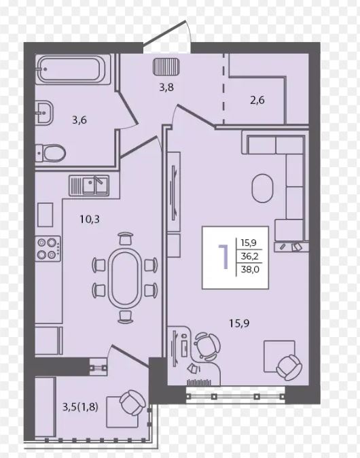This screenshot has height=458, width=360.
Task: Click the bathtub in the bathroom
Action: pyautogui.click(x=73, y=69)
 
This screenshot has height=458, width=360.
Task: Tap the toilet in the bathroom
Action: pyautogui.click(x=50, y=153)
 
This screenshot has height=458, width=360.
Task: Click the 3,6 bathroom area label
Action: pyautogui.click(x=79, y=120)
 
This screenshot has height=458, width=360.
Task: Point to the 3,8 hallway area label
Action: pyautogui.click(x=166, y=87)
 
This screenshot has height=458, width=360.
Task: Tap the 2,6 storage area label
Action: pyautogui.click(x=257, y=100)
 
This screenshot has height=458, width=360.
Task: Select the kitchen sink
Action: pyautogui.click(x=89, y=186)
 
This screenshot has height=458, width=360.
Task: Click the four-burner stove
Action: pyautogui.click(x=48, y=249)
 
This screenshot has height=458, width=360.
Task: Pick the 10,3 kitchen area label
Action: pyautogui.click(x=90, y=219)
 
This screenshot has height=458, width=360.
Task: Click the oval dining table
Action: pyautogui.click(x=125, y=279)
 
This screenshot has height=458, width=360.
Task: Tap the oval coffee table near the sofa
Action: pyautogui.click(x=262, y=188)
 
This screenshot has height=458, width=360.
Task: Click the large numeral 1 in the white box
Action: pyautogui.click(x=224, y=257)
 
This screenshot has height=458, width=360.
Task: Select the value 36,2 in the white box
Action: pyautogui.click(x=250, y=256)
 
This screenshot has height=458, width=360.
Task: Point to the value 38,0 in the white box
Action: pyautogui.click(x=250, y=269)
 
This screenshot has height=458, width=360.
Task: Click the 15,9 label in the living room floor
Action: pyautogui.click(x=239, y=323)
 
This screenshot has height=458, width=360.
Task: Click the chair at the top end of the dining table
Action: pyautogui.click(x=125, y=239)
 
